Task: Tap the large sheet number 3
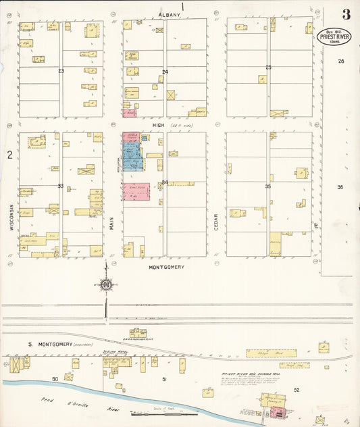click(345, 14)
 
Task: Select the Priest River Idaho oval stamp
click(334, 36)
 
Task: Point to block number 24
click(165, 72)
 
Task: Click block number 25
click(268, 67)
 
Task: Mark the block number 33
click(61, 186)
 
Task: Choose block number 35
click(268, 186)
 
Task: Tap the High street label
click(159, 125)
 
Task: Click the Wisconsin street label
click(12, 218)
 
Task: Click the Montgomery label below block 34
click(165, 267)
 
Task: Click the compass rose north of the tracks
click(105, 284)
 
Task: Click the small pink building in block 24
click(128, 113)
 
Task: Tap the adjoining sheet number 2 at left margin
click(9, 155)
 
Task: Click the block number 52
click(296, 390)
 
